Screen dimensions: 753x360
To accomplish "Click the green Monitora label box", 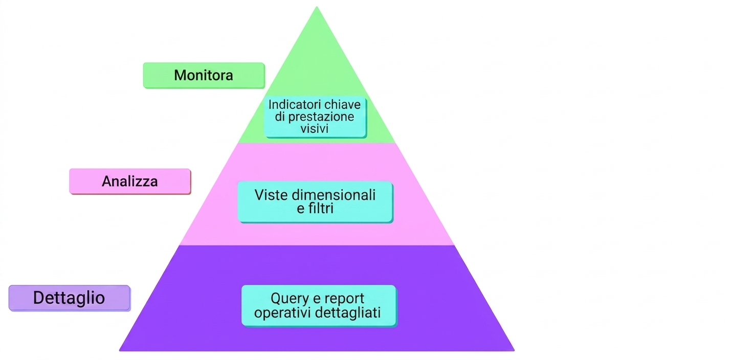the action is (204, 76).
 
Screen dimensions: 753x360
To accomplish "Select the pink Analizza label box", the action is (130, 182).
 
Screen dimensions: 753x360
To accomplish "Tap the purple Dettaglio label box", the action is (70, 298).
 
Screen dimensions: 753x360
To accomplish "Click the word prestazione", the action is (321, 117).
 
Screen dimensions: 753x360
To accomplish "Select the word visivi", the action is (314, 128).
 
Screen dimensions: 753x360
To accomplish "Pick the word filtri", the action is (321, 209).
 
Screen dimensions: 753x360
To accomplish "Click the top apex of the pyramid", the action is (317, 7).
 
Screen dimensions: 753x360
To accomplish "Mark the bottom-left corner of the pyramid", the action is (120, 351).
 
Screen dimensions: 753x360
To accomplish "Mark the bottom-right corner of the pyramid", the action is (514, 351).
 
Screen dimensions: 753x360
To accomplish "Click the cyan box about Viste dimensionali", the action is (315, 202).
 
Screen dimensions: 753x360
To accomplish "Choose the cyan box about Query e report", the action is (319, 306).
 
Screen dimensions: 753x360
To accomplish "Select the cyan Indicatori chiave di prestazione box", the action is (315, 117).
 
